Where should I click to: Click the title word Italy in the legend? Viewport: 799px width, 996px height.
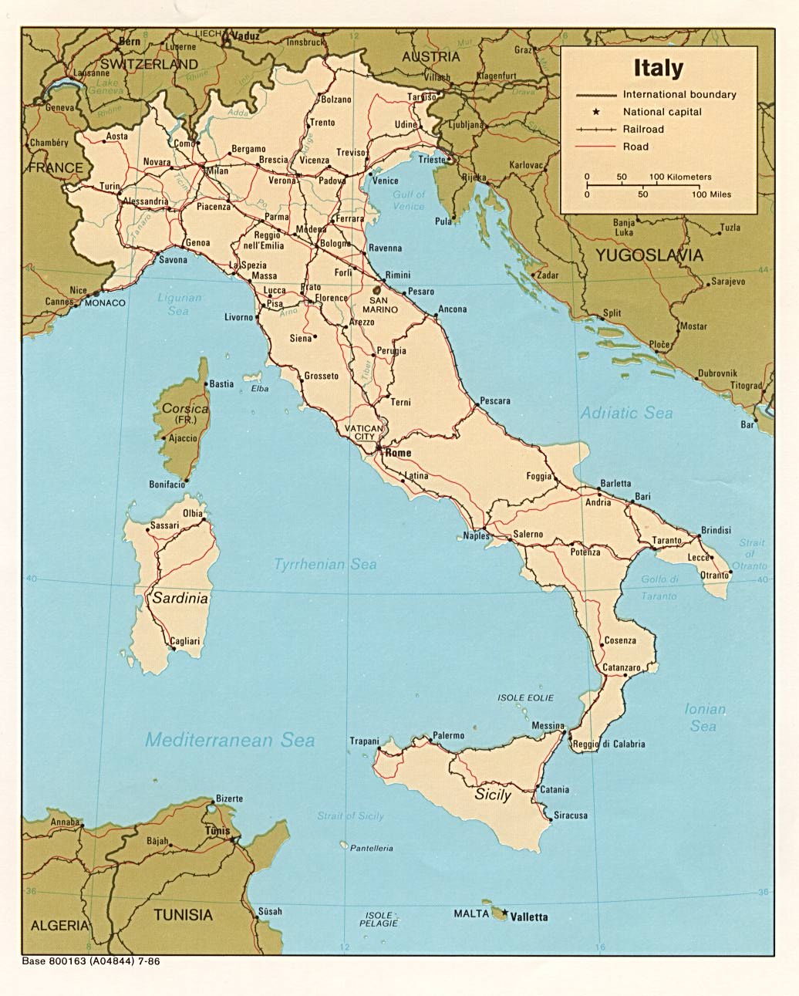point(658,68)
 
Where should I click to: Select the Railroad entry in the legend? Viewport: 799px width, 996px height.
point(643,130)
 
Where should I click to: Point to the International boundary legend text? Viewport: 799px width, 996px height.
point(679,95)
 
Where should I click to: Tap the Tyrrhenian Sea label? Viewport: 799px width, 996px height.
point(325,565)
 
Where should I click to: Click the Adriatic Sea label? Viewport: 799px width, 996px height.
point(626,414)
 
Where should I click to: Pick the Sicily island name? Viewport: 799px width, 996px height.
point(493,794)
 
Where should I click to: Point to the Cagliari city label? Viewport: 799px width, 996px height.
point(184,641)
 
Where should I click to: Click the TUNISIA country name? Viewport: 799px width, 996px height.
point(183,915)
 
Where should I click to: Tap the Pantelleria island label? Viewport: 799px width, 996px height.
point(372,848)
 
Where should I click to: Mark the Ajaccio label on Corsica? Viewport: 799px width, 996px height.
point(183,438)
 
